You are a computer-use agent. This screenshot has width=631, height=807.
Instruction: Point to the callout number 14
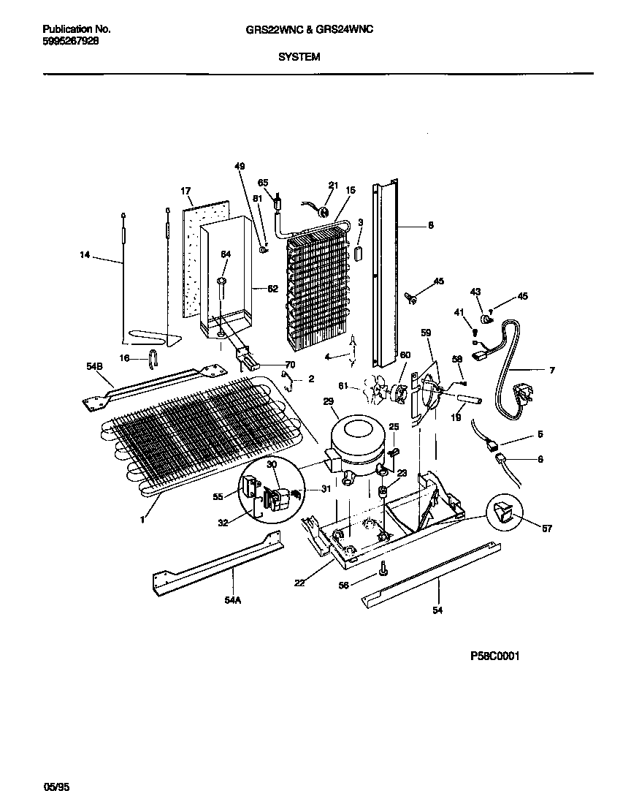tap(85, 255)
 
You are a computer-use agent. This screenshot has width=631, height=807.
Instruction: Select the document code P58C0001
tap(494, 656)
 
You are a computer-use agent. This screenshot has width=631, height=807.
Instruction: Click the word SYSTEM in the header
tap(299, 56)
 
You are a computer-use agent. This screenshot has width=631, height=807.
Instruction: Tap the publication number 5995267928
tap(71, 42)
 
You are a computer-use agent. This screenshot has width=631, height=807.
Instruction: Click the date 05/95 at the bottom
tap(58, 787)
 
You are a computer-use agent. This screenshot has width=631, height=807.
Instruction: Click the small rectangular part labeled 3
tap(359, 253)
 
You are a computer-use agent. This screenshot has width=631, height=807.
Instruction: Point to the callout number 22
tap(299, 582)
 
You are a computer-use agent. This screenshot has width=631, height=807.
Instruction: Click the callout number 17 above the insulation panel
tap(186, 192)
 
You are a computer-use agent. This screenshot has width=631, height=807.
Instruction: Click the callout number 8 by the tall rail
tap(430, 225)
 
